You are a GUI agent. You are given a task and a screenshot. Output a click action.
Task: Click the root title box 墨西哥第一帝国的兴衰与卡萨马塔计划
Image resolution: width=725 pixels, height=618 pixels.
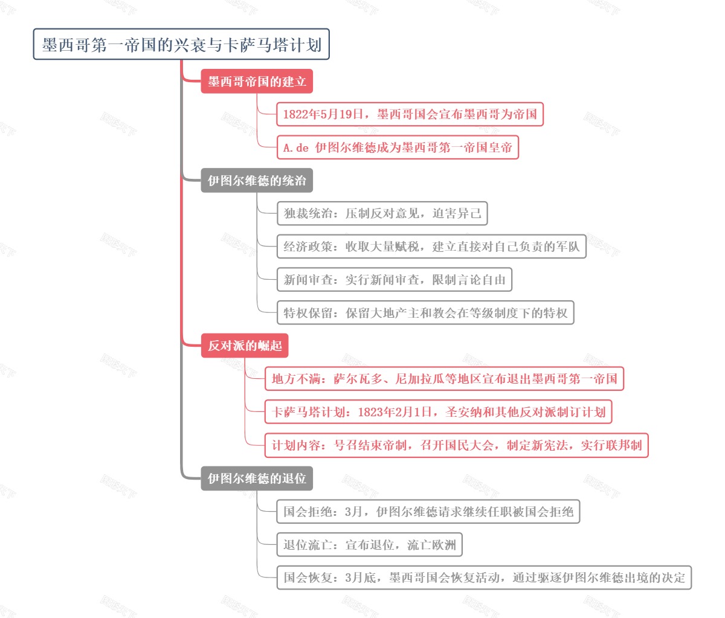coord(181,44)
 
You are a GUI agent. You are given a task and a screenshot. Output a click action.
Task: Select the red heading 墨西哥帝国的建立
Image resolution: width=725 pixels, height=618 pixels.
coord(257,82)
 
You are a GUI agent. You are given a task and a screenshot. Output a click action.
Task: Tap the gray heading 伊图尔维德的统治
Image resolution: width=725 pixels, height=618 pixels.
coord(257,181)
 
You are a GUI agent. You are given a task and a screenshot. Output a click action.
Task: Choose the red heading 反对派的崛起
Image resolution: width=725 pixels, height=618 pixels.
coord(245,346)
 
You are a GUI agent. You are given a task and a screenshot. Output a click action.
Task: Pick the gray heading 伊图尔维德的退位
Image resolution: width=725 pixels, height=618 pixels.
coord(257,478)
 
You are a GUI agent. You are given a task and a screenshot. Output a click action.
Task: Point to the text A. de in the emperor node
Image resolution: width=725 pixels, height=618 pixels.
coord(295,147)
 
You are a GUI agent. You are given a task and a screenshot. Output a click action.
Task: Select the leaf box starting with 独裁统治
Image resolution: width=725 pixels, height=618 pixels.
coord(382,213)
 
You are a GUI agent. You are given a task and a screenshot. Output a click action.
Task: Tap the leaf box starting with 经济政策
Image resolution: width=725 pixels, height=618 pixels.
coord(431,246)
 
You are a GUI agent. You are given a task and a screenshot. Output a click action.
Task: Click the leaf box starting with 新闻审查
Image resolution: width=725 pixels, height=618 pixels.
coord(394,280)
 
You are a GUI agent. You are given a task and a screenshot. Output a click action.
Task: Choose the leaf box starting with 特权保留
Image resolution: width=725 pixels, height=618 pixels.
coord(425,313)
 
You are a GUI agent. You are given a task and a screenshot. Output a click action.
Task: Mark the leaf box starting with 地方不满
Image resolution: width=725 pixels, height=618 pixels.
coord(444,379)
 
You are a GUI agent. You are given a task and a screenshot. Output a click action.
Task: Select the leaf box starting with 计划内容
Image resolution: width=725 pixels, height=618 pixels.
coord(456,445)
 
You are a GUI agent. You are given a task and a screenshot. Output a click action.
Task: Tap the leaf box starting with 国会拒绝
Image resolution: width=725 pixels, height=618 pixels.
coord(428,512)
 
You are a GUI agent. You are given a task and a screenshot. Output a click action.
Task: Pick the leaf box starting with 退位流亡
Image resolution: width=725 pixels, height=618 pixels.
coord(369,545)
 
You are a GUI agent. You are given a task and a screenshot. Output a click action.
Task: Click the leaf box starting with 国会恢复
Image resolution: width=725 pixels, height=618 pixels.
coord(484,578)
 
